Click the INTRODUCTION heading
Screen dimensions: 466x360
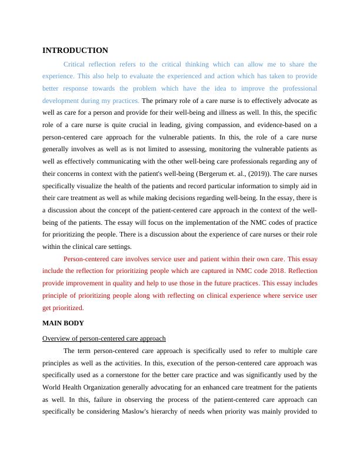pos(75,51)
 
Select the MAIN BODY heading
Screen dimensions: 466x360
pos(63,323)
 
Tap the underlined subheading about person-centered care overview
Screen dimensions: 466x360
pos(104,338)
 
